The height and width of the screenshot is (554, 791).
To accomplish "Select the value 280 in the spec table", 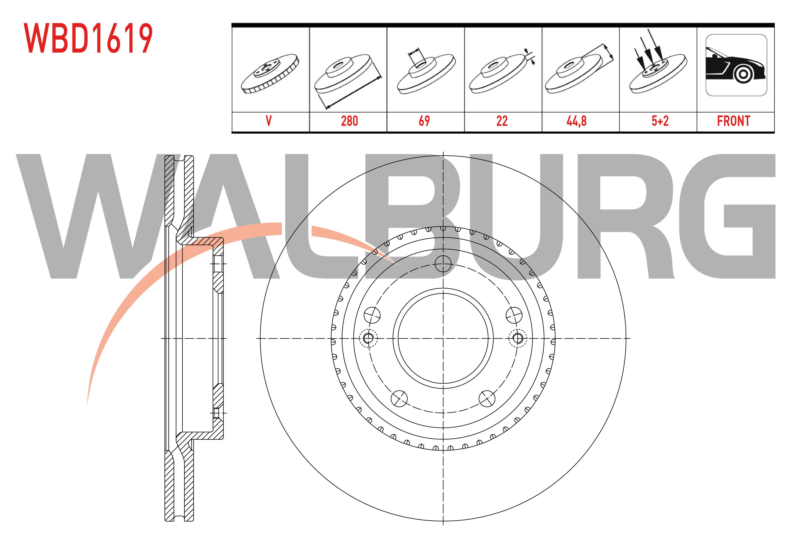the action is tap(349, 121).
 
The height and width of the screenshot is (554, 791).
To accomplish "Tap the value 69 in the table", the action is tap(424, 121).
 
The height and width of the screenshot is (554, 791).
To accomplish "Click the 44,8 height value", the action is tap(576, 121).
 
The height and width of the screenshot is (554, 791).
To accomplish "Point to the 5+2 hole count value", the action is tap(660, 121).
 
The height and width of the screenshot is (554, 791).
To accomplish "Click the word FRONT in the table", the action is tap(733, 121).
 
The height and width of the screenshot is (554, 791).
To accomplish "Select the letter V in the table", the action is tap(269, 121).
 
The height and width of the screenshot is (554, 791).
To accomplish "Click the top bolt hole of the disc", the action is tap(443, 264).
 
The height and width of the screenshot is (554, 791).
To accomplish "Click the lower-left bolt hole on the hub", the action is tap(399, 399).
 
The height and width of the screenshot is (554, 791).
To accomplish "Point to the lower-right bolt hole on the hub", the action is tap(487, 399).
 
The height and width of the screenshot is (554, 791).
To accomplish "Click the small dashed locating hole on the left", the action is tap(368, 338).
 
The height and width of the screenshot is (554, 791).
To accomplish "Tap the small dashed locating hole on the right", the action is tap(518, 338).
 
